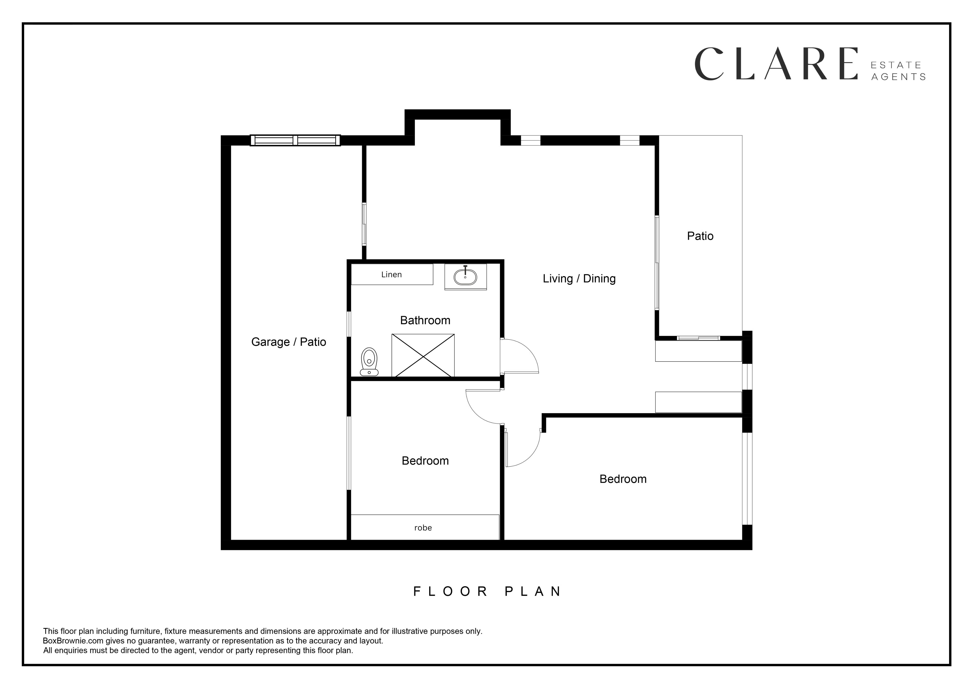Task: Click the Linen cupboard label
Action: (x=392, y=275)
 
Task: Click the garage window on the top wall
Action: (x=295, y=140)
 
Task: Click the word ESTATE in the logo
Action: (x=896, y=65)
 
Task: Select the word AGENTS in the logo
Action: (x=898, y=77)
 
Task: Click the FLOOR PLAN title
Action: (x=487, y=591)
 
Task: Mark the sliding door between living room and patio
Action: (x=657, y=262)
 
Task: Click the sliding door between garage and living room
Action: (x=364, y=224)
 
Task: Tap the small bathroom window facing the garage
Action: (x=349, y=324)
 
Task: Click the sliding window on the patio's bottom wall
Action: (x=698, y=338)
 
